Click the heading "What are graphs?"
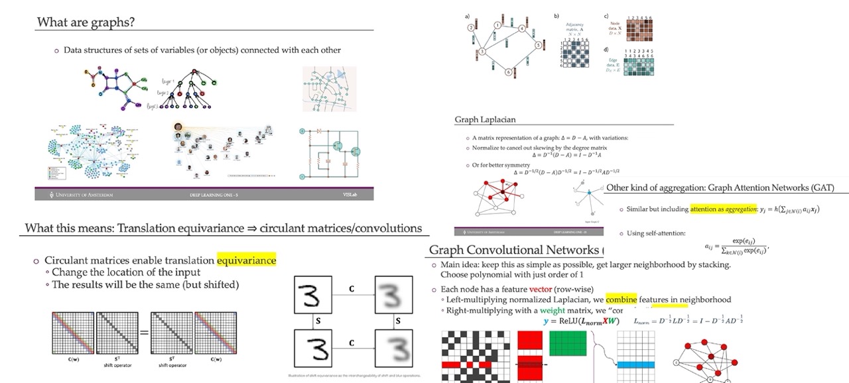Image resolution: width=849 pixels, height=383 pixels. [86, 22]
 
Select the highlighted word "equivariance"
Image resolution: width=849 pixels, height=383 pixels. [246, 260]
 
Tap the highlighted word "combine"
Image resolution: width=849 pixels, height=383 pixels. [621, 300]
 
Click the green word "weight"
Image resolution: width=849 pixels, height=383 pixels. [553, 310]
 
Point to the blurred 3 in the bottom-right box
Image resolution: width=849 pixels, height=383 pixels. [397, 348]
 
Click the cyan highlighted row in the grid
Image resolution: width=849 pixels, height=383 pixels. [635, 365]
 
